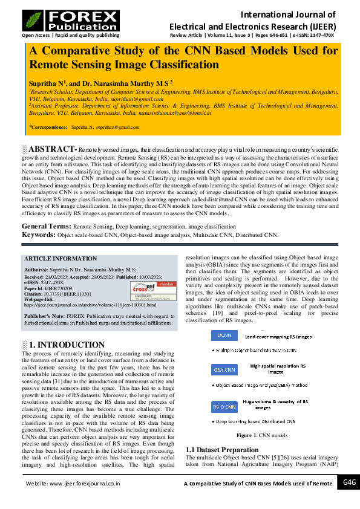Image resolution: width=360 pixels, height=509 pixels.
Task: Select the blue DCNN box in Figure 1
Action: click(224, 335)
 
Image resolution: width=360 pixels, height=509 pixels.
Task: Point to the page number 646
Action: click(349, 482)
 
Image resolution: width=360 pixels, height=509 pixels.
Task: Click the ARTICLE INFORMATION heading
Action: click(59, 258)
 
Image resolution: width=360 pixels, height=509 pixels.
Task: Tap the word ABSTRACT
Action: click(51, 149)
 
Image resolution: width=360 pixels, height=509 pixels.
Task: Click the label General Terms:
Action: click(46, 225)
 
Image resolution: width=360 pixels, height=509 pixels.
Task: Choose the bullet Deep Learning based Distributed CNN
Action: click(256, 421)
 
